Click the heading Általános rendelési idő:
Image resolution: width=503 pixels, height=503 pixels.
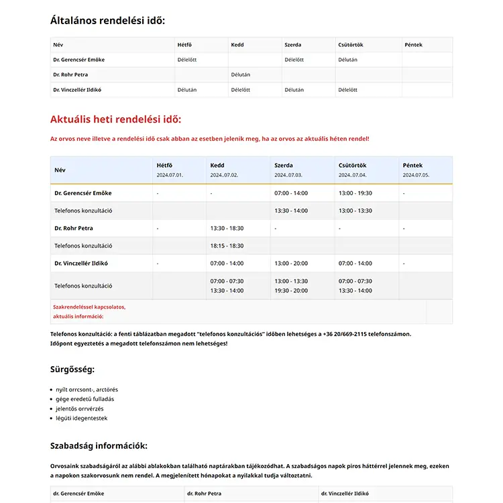click(x=107, y=20)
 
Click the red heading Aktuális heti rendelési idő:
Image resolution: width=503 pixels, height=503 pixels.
click(x=115, y=120)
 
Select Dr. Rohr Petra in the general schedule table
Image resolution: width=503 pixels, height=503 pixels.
click(x=70, y=74)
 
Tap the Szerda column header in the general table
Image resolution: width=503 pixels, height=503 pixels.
click(x=293, y=45)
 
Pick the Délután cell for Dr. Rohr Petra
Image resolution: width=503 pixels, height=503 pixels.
click(x=240, y=74)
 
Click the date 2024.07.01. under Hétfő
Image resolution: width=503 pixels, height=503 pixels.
click(x=170, y=175)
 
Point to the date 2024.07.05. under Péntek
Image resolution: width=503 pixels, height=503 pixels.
click(x=416, y=175)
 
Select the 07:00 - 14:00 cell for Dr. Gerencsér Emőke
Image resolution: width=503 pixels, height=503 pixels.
click(x=291, y=193)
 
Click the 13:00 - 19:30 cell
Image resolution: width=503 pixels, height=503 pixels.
click(x=355, y=193)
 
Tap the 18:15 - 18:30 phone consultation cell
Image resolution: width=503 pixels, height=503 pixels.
click(x=227, y=246)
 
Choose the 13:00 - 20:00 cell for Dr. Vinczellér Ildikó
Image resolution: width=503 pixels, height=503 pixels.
click(x=291, y=264)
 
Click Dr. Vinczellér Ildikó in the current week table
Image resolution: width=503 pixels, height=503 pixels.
click(x=81, y=264)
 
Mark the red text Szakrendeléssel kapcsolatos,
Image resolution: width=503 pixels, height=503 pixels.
click(x=89, y=307)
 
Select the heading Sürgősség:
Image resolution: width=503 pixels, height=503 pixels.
click(x=72, y=370)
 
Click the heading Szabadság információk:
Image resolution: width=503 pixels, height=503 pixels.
click(x=99, y=446)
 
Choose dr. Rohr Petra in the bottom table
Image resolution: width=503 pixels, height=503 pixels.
click(x=205, y=494)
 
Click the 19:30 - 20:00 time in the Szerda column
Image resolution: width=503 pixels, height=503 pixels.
click(x=291, y=290)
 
